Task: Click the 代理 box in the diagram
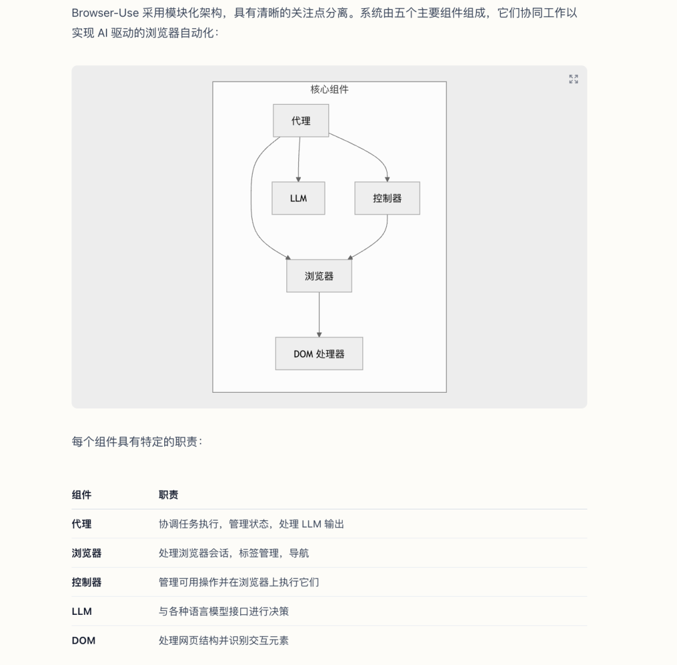(x=301, y=120)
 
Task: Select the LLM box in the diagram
(x=298, y=198)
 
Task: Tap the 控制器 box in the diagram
(x=387, y=198)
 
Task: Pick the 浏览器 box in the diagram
(x=319, y=276)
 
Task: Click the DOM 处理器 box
(x=319, y=354)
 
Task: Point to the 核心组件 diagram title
(x=330, y=90)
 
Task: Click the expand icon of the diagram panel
(x=574, y=79)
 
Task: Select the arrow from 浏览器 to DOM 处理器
(x=319, y=315)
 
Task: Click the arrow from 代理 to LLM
(x=299, y=159)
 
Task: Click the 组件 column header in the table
(x=81, y=495)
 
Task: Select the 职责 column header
(x=169, y=495)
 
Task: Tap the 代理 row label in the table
(x=81, y=524)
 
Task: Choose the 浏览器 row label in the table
(x=87, y=553)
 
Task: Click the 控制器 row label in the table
(x=87, y=582)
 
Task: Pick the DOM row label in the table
(x=83, y=641)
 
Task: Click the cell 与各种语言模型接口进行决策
(x=224, y=612)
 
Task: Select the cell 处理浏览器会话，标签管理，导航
(x=234, y=553)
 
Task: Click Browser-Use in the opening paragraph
(x=105, y=13)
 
